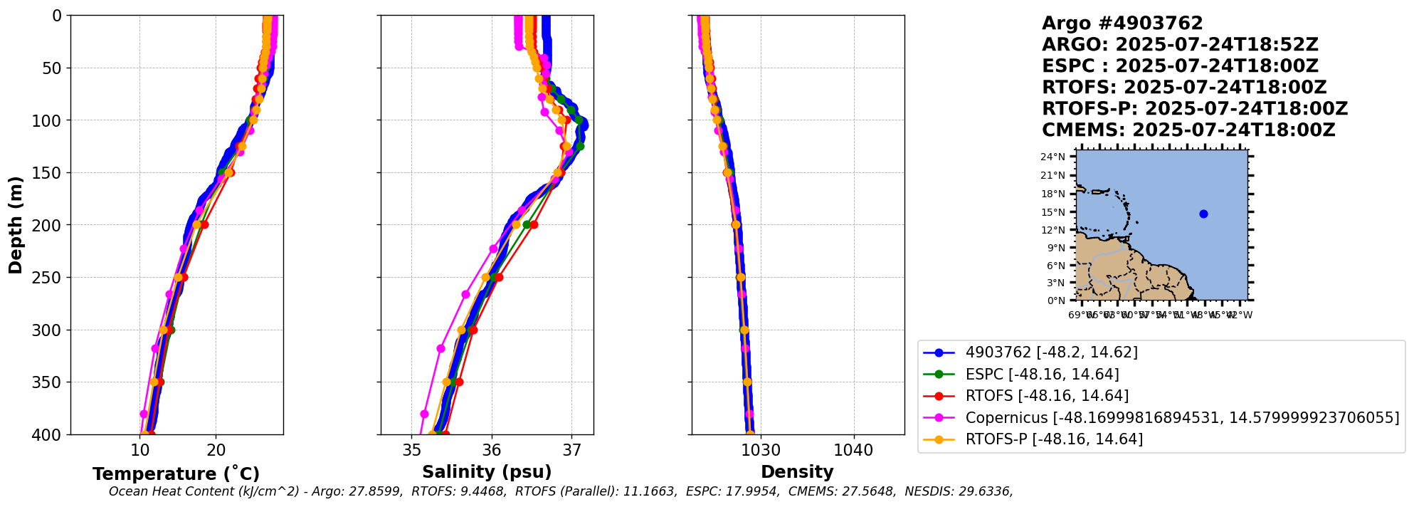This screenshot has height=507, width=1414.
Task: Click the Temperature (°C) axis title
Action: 176,474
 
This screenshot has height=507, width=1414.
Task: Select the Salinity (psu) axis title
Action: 487,472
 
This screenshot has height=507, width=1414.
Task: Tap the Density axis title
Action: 797,472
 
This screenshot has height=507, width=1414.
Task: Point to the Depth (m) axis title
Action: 16,225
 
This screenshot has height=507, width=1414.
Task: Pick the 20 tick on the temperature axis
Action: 216,451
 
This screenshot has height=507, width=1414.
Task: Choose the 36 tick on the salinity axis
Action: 492,451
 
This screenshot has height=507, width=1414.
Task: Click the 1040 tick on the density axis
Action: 853,451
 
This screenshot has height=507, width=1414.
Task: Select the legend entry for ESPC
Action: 1042,375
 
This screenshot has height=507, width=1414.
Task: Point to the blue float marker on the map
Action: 1203,214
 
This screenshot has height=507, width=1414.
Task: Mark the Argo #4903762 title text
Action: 1122,23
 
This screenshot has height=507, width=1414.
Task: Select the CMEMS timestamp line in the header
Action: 1188,130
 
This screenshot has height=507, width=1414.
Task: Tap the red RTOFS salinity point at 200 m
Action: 534,224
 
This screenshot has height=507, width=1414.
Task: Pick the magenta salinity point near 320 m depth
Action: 440,349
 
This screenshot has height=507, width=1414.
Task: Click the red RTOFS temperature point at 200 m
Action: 205,224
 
